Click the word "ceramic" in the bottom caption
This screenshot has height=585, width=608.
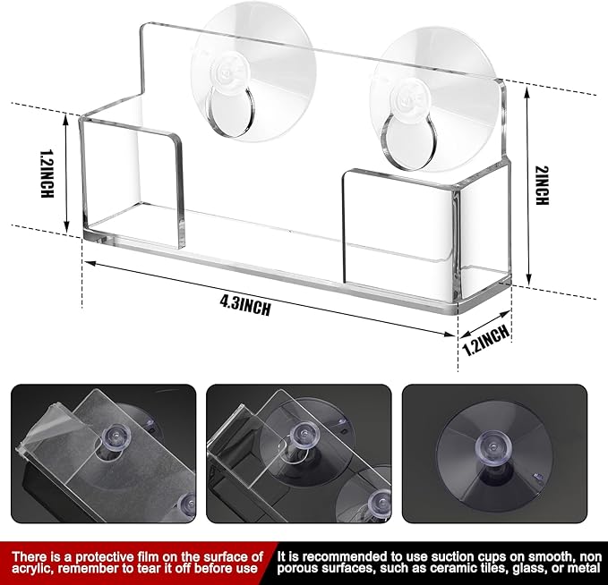441,569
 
